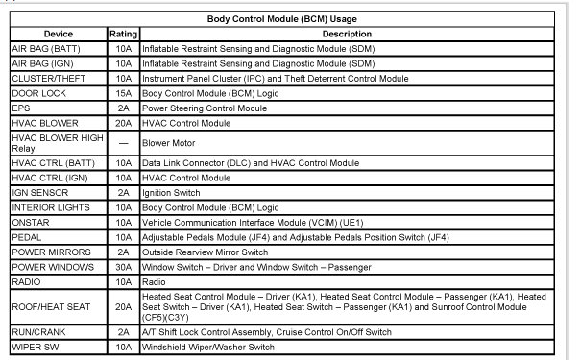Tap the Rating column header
[122, 33]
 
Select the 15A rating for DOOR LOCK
[122, 93]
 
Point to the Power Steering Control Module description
[205, 108]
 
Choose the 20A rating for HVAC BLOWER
[122, 124]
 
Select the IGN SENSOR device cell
[38, 192]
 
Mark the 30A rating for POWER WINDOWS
[122, 268]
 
